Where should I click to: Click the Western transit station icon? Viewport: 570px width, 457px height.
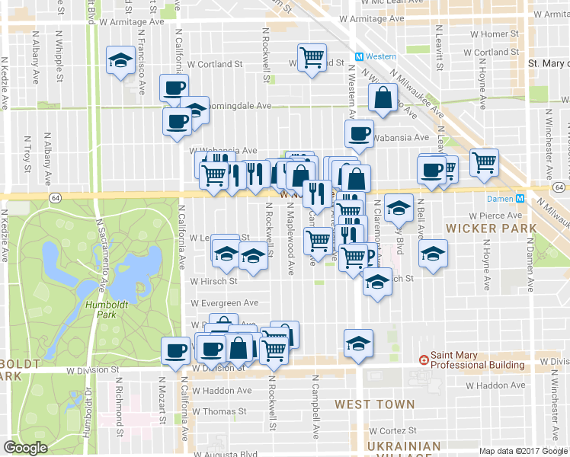(360, 56)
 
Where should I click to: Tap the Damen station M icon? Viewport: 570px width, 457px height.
(520, 198)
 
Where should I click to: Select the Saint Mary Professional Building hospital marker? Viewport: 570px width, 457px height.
(424, 360)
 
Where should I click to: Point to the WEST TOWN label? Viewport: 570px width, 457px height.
(375, 404)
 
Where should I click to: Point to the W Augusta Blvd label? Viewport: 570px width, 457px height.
(225, 454)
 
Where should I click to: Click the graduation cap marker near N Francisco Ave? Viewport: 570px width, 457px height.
(120, 62)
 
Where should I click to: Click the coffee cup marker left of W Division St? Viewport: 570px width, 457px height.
(175, 351)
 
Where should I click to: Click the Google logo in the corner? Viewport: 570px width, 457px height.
(25, 448)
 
